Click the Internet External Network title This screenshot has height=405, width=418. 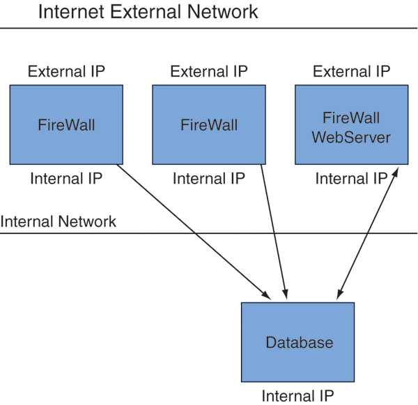[147, 12]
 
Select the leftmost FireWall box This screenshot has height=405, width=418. [66, 125]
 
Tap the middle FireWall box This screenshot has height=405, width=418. [208, 125]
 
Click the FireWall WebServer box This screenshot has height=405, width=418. [350, 125]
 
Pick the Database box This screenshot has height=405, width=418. [299, 343]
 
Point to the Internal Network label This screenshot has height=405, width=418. [59, 222]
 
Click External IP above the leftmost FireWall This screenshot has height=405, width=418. [66, 71]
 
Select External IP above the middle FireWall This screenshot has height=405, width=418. [208, 71]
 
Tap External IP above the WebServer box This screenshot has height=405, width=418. [351, 71]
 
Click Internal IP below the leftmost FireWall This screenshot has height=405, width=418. [66, 179]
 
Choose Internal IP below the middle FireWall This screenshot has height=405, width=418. [208, 179]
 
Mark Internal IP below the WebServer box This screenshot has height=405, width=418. [351, 179]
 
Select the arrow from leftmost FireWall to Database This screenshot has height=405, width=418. [192, 230]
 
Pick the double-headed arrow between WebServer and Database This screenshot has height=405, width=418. [366, 234]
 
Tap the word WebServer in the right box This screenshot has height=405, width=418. [350, 136]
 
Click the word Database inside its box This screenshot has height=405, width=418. [299, 343]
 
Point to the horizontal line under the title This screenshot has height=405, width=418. [209, 28]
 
